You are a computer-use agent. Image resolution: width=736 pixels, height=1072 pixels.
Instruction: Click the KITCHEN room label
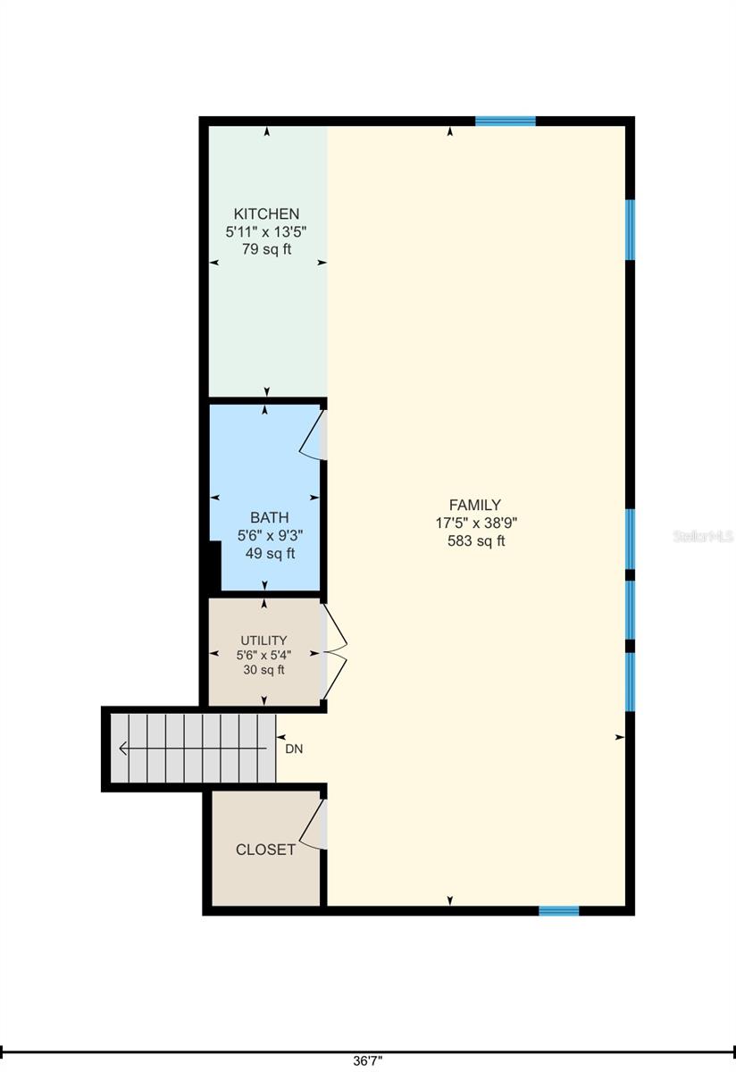tap(266, 214)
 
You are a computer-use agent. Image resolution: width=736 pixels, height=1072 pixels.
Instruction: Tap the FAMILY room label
tap(474, 505)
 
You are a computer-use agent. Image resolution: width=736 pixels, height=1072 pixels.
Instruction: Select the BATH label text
tap(270, 517)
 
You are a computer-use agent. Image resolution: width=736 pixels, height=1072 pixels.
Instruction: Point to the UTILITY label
tap(263, 641)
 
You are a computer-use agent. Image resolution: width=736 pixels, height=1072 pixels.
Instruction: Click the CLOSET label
tap(265, 850)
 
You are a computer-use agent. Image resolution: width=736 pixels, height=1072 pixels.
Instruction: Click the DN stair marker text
tap(294, 749)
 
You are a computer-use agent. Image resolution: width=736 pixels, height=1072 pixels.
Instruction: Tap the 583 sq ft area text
tap(476, 540)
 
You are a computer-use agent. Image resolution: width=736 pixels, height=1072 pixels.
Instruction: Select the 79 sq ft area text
tap(266, 249)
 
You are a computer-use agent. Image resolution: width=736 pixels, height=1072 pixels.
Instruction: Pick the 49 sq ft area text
tap(270, 553)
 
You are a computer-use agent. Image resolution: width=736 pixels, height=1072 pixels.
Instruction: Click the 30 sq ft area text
tap(263, 669)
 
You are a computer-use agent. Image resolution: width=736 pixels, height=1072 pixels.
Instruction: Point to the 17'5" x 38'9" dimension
tap(476, 523)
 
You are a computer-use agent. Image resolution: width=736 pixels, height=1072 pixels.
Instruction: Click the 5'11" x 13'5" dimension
tap(266, 231)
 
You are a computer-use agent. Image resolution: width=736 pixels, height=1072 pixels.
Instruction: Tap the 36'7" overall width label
tap(368, 1062)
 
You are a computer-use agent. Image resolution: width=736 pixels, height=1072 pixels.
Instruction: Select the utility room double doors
tap(335, 652)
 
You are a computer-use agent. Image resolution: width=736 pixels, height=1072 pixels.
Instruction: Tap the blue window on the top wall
tap(506, 121)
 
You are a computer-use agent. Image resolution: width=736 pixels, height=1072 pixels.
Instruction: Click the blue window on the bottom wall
tap(559, 910)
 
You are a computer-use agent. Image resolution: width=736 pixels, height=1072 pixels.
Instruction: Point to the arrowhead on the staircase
tap(124, 748)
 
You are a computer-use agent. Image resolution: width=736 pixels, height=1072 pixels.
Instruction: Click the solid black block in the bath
tap(213, 565)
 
